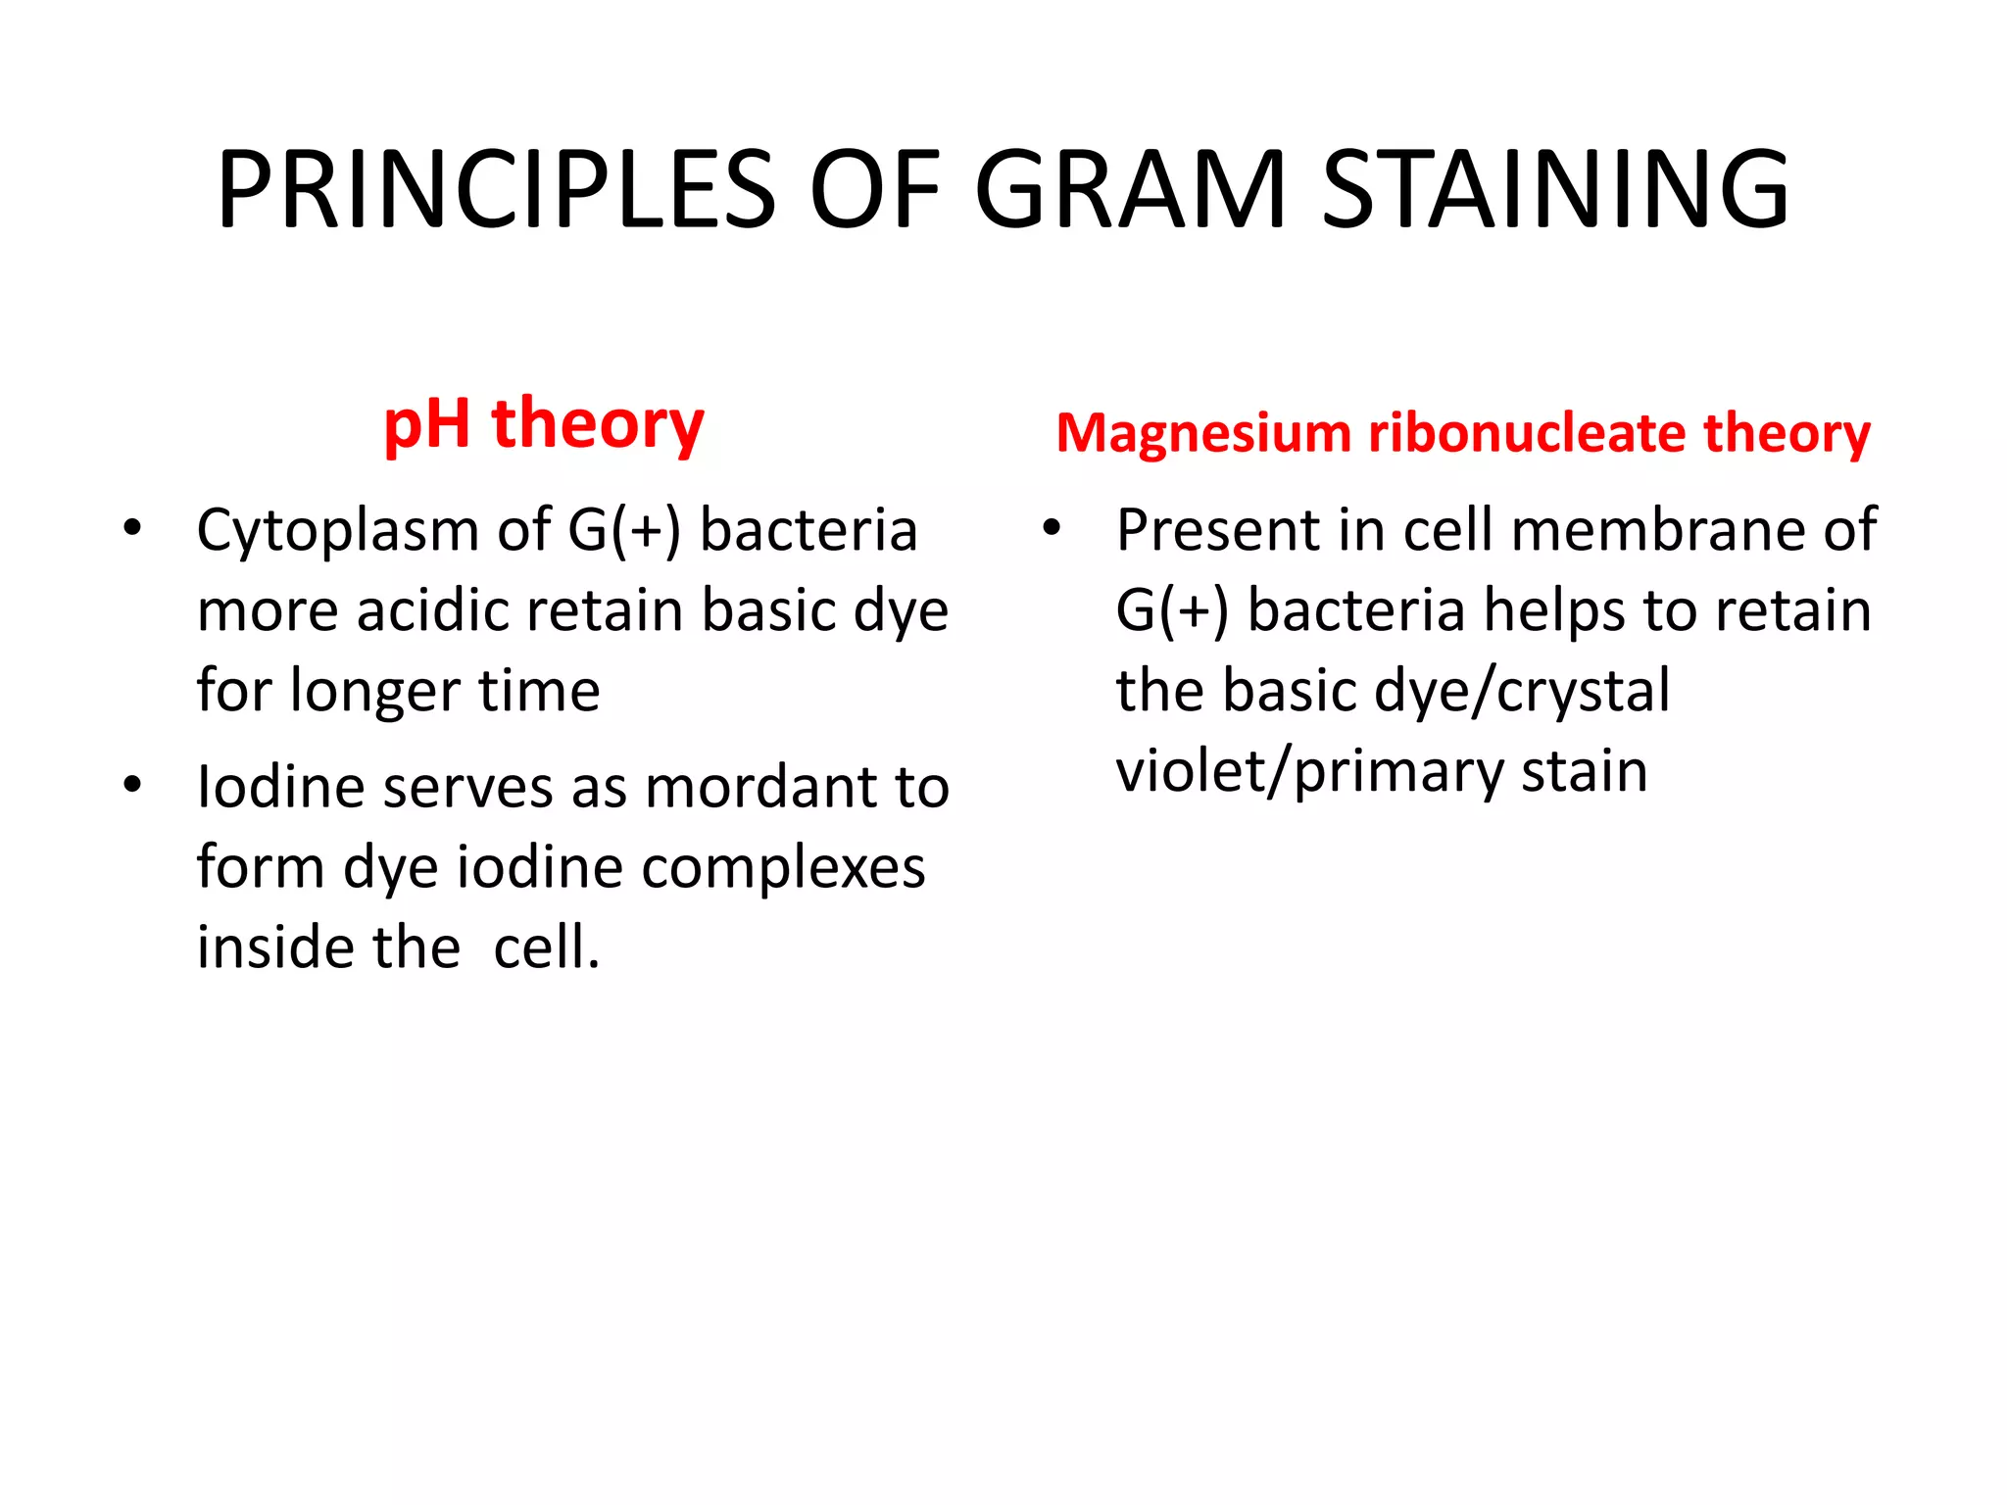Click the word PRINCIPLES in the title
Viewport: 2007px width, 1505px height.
click(496, 190)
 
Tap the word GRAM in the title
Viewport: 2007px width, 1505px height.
click(1130, 190)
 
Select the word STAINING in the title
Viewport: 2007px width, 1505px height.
click(1555, 190)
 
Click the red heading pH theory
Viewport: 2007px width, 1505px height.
click(544, 425)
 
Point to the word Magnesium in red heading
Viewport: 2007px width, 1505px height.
click(1203, 433)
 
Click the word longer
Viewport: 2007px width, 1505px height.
click(362, 691)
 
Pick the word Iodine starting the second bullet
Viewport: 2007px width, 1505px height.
click(280, 787)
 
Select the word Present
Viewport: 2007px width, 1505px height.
click(1218, 531)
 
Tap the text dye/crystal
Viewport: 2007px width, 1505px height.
click(1522, 692)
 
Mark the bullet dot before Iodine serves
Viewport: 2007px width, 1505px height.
click(132, 785)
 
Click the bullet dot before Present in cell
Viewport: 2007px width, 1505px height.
click(1052, 528)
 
